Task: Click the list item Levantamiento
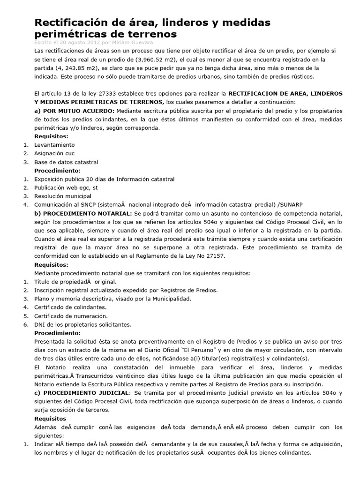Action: pos(54,145)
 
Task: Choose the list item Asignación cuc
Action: pos(54,153)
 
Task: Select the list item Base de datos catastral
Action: pos(66,162)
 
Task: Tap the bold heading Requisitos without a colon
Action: pos(50,418)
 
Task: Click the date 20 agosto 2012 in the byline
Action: pos(75,42)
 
